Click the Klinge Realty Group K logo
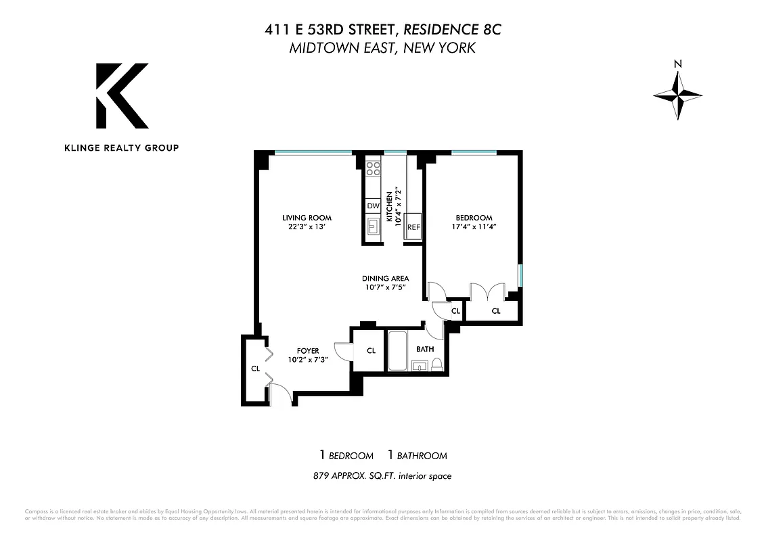pyautogui.click(x=122, y=95)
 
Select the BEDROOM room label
pyautogui.click(x=473, y=218)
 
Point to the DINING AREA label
pyautogui.click(x=385, y=278)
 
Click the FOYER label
pyautogui.click(x=308, y=351)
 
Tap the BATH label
pyautogui.click(x=425, y=350)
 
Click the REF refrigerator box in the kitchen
pyautogui.click(x=413, y=228)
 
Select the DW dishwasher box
pyautogui.click(x=373, y=206)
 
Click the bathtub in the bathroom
pyautogui.click(x=397, y=351)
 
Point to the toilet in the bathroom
pyautogui.click(x=436, y=365)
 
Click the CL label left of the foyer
pyautogui.click(x=255, y=369)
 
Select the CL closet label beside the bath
pyautogui.click(x=371, y=350)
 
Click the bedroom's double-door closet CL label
pyautogui.click(x=495, y=311)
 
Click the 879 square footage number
pyautogui.click(x=321, y=476)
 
